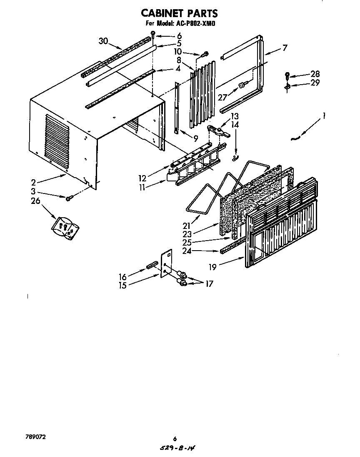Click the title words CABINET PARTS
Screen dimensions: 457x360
point(180,14)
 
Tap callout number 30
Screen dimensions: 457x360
point(103,41)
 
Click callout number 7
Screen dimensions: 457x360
point(285,48)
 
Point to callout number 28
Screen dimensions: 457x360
point(315,74)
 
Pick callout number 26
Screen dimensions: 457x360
point(35,201)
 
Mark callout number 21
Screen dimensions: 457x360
point(186,226)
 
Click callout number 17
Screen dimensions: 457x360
point(209,284)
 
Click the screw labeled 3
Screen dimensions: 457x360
point(69,197)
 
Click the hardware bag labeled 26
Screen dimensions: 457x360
point(65,228)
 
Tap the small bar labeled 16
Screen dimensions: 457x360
point(151,265)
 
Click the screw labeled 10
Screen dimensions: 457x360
point(205,54)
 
